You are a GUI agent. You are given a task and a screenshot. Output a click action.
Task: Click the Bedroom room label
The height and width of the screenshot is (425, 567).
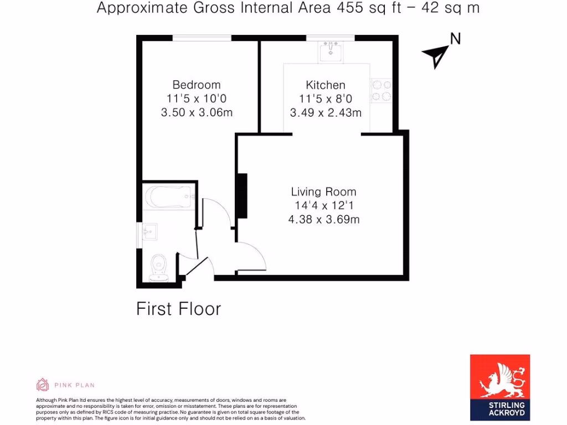click(196, 85)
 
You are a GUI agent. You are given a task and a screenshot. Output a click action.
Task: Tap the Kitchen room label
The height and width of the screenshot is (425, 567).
click(326, 85)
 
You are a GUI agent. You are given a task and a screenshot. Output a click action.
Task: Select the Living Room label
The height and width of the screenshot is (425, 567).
click(323, 192)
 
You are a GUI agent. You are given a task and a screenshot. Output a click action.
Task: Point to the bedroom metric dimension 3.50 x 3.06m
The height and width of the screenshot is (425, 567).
click(196, 113)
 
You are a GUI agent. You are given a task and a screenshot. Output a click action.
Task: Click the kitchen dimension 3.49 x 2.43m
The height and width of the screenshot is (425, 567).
click(326, 113)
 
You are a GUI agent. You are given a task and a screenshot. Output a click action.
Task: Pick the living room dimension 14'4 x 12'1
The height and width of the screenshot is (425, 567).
click(323, 206)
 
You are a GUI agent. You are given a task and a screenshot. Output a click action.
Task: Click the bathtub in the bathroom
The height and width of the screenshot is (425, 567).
click(168, 197)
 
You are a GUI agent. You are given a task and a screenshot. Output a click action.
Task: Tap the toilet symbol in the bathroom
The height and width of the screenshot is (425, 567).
click(159, 265)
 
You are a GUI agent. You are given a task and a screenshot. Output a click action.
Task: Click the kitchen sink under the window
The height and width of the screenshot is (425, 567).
click(331, 51)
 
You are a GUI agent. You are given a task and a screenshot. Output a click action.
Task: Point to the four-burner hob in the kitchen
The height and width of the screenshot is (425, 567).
click(382, 91)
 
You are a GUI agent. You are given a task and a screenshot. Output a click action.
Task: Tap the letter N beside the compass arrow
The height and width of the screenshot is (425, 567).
click(455, 39)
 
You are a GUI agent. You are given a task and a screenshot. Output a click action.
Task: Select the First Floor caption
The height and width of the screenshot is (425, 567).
click(178, 309)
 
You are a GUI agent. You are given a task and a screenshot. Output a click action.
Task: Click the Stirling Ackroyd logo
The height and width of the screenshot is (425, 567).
click(500, 387)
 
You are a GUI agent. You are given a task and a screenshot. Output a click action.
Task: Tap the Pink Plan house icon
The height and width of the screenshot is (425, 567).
click(43, 385)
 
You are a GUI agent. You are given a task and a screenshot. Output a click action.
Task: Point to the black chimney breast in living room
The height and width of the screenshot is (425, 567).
click(241, 196)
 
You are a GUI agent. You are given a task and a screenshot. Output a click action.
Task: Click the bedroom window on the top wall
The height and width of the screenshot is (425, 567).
click(202, 38)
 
